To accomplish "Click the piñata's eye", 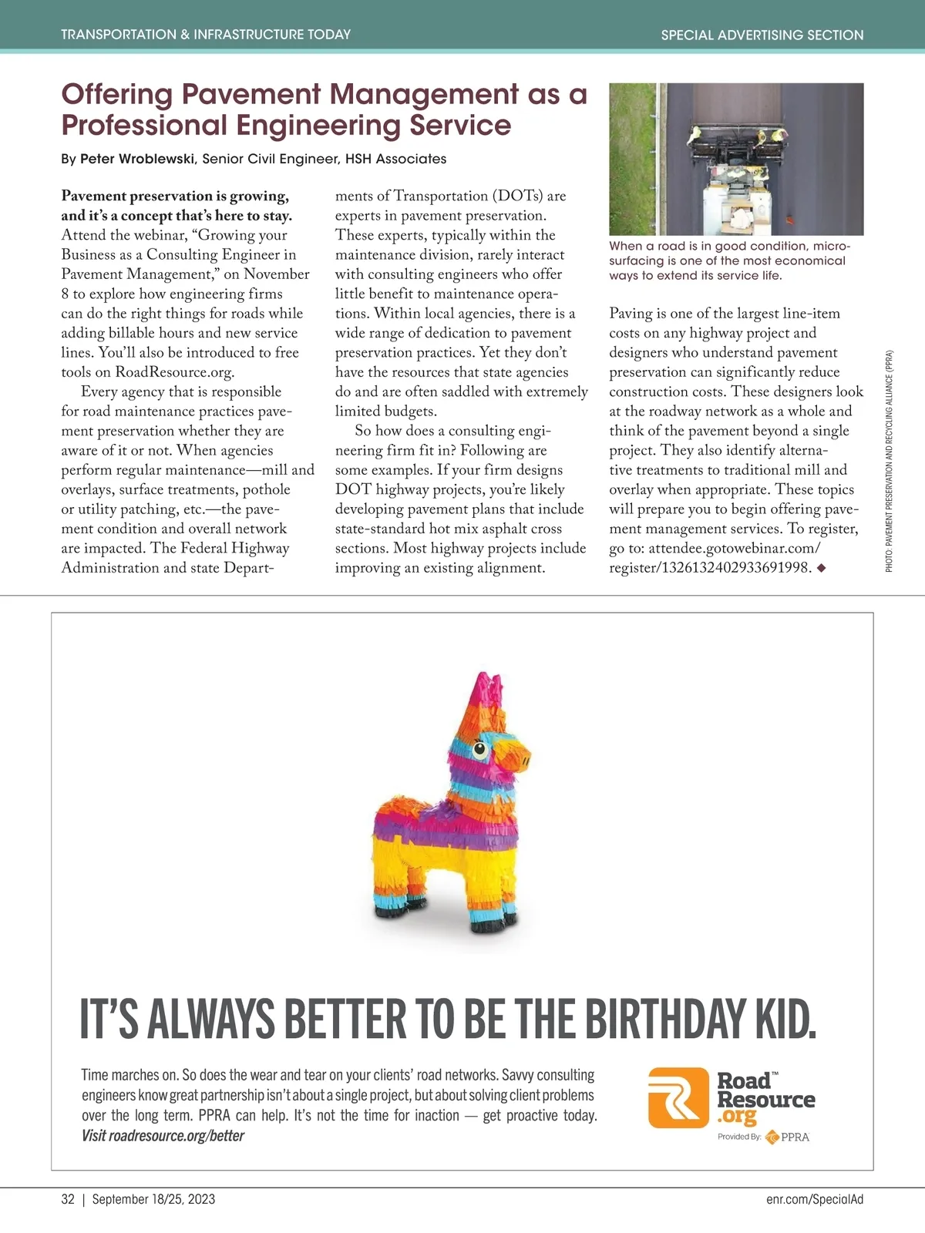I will pyautogui.click(x=479, y=748).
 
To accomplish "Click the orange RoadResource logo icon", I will pyautogui.click(x=678, y=1097).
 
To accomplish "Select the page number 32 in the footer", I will pyautogui.click(x=68, y=1199).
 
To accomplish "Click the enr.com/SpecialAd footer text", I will pyautogui.click(x=815, y=1199).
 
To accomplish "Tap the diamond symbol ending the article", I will pyautogui.click(x=821, y=568).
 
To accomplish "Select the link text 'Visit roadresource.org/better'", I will pyautogui.click(x=163, y=1136).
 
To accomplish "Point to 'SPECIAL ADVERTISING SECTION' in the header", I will pyautogui.click(x=762, y=35).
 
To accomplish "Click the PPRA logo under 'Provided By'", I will pyautogui.click(x=788, y=1137).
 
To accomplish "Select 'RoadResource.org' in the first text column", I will pyautogui.click(x=173, y=372).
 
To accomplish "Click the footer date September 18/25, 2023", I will pyautogui.click(x=153, y=1199).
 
